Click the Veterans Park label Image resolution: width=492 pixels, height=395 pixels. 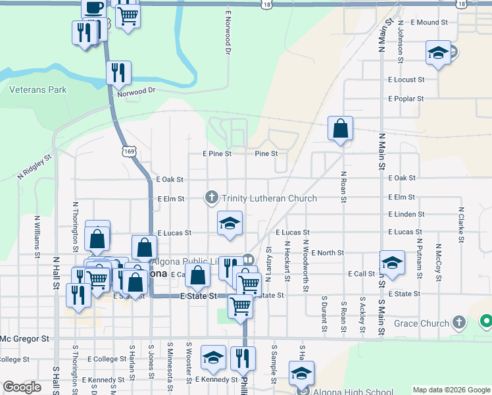tap(38, 90)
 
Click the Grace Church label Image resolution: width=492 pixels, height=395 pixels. tap(421, 323)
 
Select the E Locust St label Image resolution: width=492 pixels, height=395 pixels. tap(406, 80)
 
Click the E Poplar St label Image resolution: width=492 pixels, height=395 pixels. tap(406, 99)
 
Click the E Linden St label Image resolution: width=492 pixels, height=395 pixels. tap(406, 215)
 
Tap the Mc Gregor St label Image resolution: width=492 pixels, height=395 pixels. tap(25, 339)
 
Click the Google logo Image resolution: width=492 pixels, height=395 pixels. tap(22, 386)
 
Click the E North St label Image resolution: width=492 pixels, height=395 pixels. tap(328, 253)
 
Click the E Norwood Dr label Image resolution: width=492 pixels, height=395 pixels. tap(228, 32)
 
